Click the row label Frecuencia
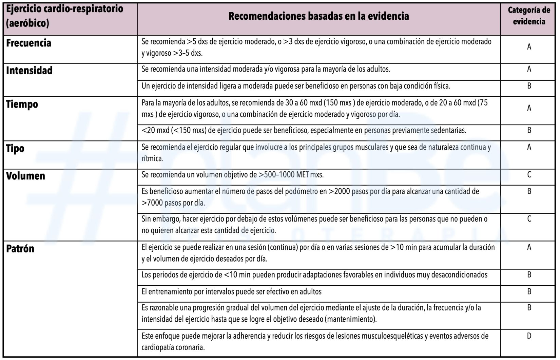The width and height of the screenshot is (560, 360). tap(29, 43)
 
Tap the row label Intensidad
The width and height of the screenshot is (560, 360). tap(30, 71)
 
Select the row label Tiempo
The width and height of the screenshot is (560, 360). tap(22, 104)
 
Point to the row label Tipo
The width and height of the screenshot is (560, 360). tap(15, 149)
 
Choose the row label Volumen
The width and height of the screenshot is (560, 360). tap(26, 176)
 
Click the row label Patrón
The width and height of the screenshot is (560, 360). tap(20, 248)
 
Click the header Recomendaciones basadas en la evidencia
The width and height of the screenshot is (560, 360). tap(318, 16)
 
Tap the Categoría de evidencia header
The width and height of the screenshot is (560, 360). tap(529, 16)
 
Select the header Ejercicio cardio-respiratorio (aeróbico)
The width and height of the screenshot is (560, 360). tap(64, 16)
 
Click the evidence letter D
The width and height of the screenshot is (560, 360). tap(529, 336)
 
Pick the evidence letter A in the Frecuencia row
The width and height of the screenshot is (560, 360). tap(529, 47)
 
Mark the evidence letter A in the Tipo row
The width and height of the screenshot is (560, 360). tap(529, 147)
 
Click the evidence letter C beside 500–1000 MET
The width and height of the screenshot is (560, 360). tap(529, 175)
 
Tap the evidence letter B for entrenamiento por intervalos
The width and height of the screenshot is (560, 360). tap(529, 291)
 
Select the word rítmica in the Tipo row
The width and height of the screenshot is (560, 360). tap(152, 159)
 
